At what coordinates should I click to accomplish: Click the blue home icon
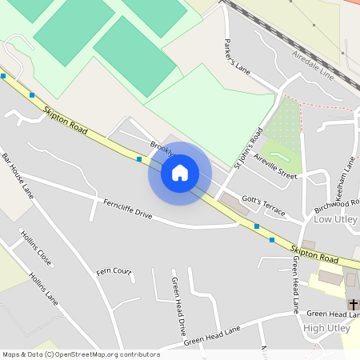point(180,173)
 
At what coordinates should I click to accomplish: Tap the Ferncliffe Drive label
point(127,209)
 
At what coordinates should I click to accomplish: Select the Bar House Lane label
point(18,175)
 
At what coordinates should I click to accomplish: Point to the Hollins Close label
point(37,250)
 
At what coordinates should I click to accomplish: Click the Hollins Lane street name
point(43,289)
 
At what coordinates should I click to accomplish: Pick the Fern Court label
point(114,271)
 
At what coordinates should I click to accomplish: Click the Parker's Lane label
point(238,55)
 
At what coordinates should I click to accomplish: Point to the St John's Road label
point(248,148)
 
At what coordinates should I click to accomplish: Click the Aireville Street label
point(276,166)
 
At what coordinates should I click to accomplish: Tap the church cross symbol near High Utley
point(353,305)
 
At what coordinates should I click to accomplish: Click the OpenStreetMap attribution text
point(81,354)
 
